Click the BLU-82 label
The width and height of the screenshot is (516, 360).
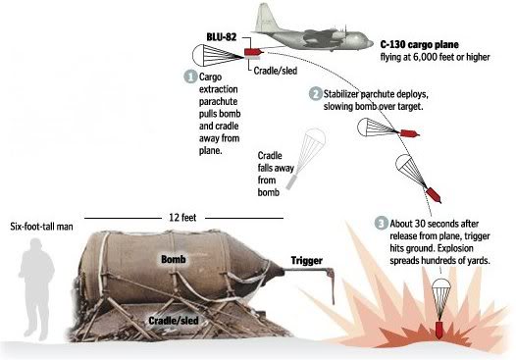222,37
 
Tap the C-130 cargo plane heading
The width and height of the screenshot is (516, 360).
420,44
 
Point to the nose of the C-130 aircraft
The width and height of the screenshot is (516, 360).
370,43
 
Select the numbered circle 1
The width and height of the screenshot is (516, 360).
190,77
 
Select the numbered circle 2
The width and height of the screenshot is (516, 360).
315,94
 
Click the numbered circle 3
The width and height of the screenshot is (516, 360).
381,224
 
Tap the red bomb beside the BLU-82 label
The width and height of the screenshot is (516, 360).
253,52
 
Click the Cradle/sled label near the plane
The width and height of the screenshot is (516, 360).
275,71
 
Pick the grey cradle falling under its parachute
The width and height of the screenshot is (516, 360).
291,182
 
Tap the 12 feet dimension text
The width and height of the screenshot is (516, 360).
182,218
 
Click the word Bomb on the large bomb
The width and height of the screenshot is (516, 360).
174,259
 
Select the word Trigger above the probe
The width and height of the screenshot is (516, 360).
307,261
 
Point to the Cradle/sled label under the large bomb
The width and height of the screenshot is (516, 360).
174,321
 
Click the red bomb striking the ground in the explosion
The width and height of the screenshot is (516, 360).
439,330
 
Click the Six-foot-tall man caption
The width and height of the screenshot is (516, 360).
41,227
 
